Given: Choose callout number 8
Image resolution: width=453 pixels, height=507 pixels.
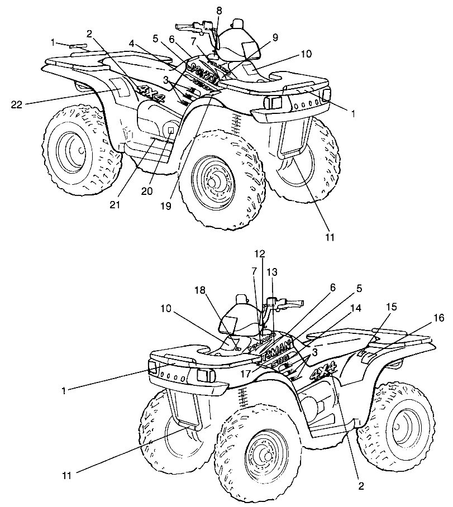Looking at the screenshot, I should click(219, 11).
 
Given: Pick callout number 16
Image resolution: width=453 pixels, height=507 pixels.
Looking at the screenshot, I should click(439, 318).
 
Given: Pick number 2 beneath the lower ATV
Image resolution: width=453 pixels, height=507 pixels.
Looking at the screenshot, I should click(361, 486).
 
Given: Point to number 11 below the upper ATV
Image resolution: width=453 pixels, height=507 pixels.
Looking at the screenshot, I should click(329, 237).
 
